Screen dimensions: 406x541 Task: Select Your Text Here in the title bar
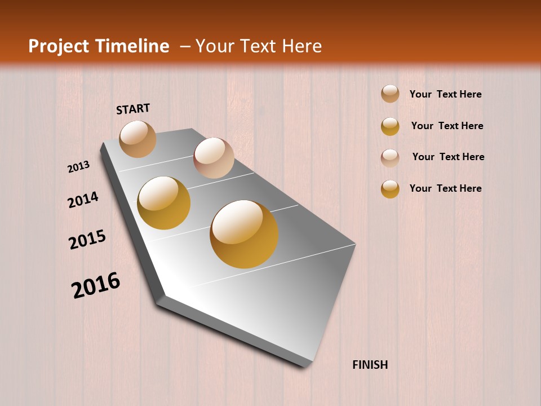[259, 46]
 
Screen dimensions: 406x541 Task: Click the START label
[133, 109]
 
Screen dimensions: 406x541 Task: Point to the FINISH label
[370, 365]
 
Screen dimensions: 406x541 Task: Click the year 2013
[78, 167]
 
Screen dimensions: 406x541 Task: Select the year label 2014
[83, 200]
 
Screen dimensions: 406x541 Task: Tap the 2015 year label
[87, 240]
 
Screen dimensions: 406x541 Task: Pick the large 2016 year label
[96, 285]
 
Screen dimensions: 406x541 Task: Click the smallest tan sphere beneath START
[138, 139]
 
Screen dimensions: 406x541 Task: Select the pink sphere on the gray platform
[214, 158]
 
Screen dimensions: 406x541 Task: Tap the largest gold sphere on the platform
[244, 234]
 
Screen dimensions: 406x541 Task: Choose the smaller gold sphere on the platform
[164, 203]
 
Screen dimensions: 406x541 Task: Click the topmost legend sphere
[390, 94]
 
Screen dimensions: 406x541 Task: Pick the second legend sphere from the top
[390, 126]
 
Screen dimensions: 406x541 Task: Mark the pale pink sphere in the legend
[390, 157]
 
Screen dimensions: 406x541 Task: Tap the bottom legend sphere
[390, 189]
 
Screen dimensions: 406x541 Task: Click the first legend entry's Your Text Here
[445, 95]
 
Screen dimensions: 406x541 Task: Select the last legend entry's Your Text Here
[445, 188]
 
